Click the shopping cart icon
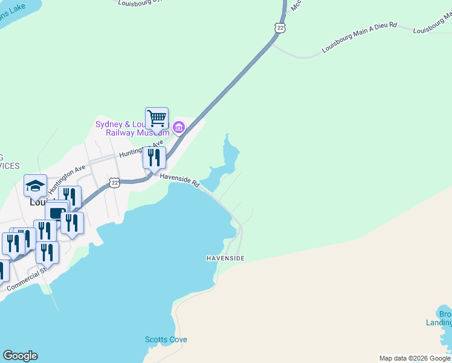[x=157, y=118]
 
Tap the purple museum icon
[x=178, y=127]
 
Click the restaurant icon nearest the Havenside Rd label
[x=154, y=157]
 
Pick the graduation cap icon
[x=35, y=185]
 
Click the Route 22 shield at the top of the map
[x=279, y=28]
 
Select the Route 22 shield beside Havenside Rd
[x=114, y=182]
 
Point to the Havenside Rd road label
[x=179, y=180]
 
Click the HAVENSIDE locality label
[x=225, y=258]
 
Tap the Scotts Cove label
[x=166, y=339]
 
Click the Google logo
[x=20, y=356]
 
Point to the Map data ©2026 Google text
[x=414, y=358]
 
